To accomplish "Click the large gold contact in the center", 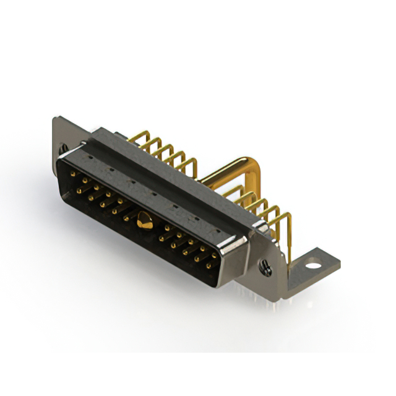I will (x=144, y=219).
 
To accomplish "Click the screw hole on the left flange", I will (x=62, y=148).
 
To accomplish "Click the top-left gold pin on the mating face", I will (x=74, y=175).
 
